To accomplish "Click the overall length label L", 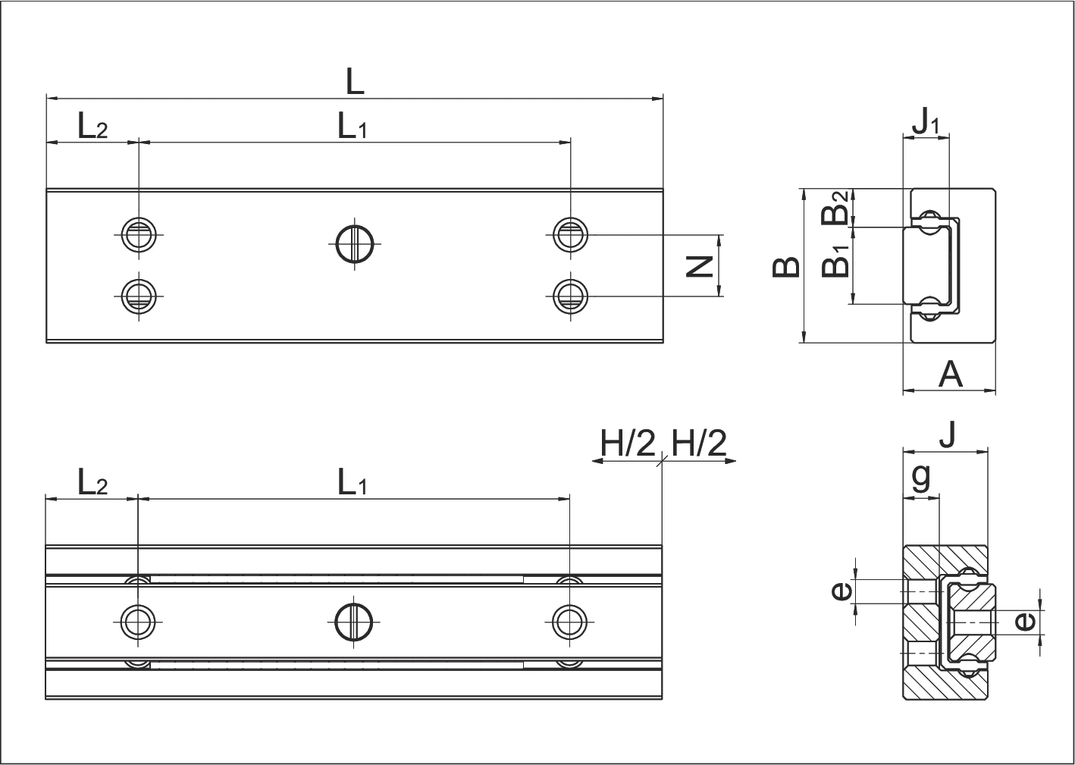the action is point(355,82).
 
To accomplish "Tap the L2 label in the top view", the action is point(92,126).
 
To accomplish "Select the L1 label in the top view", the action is point(353,126).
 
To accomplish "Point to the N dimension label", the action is point(699,267).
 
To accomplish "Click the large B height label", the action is point(786,268).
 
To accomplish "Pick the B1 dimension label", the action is point(835,261).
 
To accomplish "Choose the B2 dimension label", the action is point(835,207).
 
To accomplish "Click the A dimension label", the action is point(950,375).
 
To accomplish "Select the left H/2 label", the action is point(628,443).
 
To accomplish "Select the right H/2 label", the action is point(699,443).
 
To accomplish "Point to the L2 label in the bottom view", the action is point(92,481).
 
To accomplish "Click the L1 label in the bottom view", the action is point(353,481).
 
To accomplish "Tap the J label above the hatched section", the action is point(948,434).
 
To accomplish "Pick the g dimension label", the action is point(921,478).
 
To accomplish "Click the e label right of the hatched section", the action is point(1025,622).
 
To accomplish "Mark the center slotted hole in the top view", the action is point(355,244).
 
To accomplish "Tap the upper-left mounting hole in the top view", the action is point(139,235).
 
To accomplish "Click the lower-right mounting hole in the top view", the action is point(571,296).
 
